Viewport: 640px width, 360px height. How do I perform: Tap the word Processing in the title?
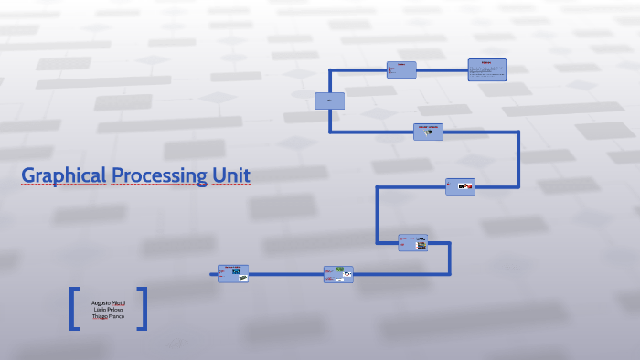click(x=159, y=175)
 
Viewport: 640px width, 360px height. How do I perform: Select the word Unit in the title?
click(x=230, y=175)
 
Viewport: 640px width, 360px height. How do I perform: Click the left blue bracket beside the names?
click(x=72, y=309)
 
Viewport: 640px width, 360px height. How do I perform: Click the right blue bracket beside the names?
click(x=143, y=309)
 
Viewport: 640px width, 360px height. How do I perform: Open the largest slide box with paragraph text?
click(x=486, y=69)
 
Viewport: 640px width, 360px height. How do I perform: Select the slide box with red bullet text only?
click(x=401, y=69)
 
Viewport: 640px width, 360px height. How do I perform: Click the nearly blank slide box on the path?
click(x=329, y=101)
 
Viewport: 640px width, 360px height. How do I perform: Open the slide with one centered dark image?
click(x=428, y=132)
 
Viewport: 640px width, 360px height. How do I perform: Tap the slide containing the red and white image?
click(x=460, y=186)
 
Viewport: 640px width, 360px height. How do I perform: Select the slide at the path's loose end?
click(x=233, y=273)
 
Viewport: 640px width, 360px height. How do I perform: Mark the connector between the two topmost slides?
click(x=443, y=69)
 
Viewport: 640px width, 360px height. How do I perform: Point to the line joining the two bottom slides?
click(x=285, y=273)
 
